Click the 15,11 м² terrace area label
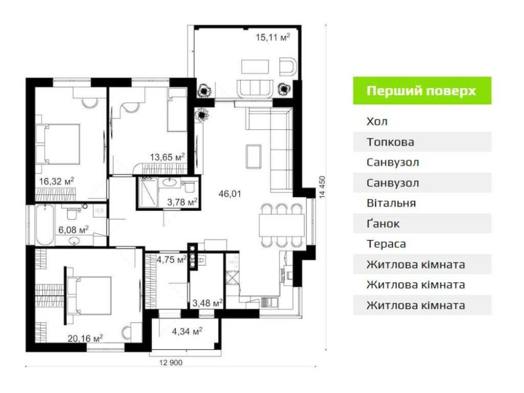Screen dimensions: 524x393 point(272,37)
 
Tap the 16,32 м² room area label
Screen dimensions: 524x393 point(57,181)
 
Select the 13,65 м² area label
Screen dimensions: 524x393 point(168,157)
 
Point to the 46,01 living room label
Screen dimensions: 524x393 point(230,193)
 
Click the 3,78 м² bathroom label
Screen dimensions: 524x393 point(182,202)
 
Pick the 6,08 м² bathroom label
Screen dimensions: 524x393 point(73,230)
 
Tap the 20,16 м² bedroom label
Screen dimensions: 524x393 point(85,338)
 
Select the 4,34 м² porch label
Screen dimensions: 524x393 point(187,332)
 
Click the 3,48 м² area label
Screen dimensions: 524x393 point(208,303)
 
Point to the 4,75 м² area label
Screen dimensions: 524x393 point(172,259)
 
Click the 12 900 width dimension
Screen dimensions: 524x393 point(171,363)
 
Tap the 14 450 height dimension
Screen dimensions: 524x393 point(322,187)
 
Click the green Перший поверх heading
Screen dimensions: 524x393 point(421,91)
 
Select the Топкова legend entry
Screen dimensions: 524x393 point(390,142)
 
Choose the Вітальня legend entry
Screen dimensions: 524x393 point(391,203)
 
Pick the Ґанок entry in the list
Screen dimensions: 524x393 point(383,223)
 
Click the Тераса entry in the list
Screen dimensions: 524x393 point(386,244)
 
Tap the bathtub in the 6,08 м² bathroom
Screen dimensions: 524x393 point(45,225)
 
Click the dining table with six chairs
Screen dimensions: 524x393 point(282,225)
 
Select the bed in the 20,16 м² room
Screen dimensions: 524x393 point(89,296)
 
